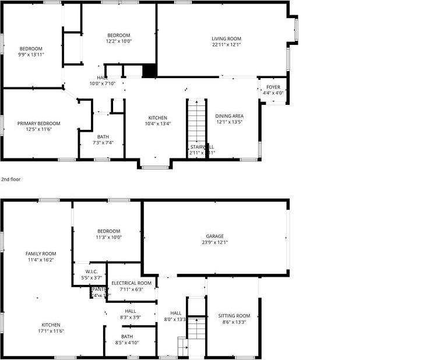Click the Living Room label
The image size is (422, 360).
pos(226,39)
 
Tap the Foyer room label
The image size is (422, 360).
pos(273,87)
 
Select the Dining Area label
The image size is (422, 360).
pos(229,116)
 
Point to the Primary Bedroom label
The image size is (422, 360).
pos(38,123)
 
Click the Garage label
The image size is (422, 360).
pos(214,236)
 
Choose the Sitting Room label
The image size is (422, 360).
pos(234,316)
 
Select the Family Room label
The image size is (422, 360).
pos(40,253)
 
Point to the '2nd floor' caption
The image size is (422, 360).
pos(10,179)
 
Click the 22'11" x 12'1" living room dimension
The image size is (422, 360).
pos(226,45)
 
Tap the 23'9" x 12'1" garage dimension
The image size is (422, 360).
pos(214,242)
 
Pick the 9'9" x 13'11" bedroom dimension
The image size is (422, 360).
pos(31,54)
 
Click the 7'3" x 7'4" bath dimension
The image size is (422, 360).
pos(103,143)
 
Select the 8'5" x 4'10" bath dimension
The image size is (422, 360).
pos(126,343)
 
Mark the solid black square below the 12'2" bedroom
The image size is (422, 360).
pos(150,70)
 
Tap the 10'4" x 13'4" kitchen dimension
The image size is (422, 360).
pos(157,123)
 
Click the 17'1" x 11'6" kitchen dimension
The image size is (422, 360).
pos(51,331)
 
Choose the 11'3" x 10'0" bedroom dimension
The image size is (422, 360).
pos(108,237)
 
